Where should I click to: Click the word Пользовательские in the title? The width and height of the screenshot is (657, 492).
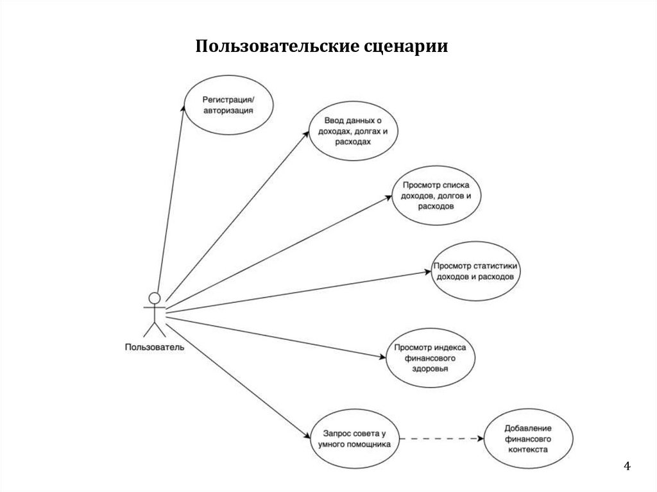point(268,47)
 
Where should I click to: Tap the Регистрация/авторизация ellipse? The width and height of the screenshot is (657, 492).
point(228,105)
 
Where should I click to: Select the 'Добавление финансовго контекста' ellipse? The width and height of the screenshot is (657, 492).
point(528,438)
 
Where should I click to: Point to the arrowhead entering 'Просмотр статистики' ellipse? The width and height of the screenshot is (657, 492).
point(427,272)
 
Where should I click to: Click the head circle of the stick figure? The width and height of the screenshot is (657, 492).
point(154,298)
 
